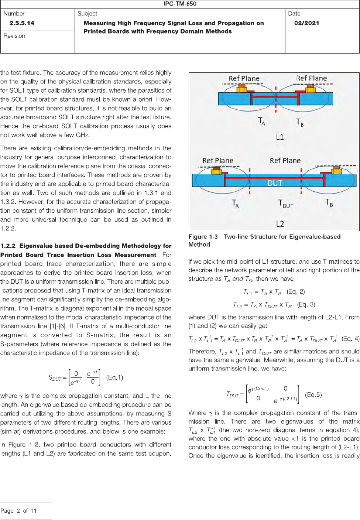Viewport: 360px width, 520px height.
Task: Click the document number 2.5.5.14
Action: click(22, 23)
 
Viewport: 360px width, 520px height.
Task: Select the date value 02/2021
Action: click(306, 23)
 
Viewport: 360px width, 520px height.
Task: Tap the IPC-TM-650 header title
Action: click(180, 4)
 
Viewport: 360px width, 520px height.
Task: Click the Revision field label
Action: click(14, 36)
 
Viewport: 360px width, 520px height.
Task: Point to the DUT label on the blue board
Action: click(275, 183)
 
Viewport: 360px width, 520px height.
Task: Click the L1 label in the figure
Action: click(280, 137)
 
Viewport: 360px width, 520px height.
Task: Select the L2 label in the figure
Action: click(280, 224)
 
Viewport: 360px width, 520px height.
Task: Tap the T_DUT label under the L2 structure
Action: click(285, 204)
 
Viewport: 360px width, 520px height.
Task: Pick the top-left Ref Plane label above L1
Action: click(244, 79)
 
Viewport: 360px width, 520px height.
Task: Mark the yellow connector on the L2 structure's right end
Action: click(336, 170)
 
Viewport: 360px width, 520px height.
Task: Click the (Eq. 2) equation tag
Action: click(296, 292)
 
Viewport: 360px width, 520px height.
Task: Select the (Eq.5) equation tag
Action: click(313, 395)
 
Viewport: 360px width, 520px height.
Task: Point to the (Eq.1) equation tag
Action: click(115, 377)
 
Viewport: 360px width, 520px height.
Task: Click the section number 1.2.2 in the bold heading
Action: click(8, 246)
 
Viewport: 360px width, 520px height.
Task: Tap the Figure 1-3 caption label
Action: click(203, 237)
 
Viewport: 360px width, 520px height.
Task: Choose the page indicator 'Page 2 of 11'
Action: click(18, 511)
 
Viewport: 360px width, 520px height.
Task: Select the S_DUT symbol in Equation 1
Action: click(55, 378)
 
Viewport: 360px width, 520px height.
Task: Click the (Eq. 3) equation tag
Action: click(306, 305)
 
